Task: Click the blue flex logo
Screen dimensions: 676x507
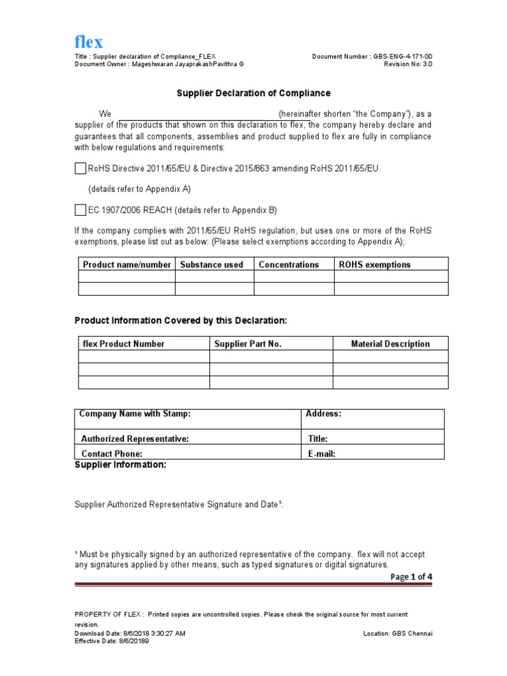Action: pyautogui.click(x=88, y=42)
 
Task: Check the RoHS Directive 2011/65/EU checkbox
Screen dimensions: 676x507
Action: pyautogui.click(x=81, y=168)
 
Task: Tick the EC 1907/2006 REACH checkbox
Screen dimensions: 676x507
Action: pyautogui.click(x=81, y=210)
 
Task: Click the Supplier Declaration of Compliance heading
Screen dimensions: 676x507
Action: pyautogui.click(x=253, y=94)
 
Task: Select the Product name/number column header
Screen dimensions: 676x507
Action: pyautogui.click(x=127, y=265)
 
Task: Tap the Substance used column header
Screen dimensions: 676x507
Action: pyautogui.click(x=211, y=265)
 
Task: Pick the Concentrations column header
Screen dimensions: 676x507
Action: pyautogui.click(x=288, y=265)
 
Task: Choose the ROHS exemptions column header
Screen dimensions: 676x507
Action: pyautogui.click(x=374, y=265)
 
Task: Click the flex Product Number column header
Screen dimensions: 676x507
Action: pyautogui.click(x=123, y=344)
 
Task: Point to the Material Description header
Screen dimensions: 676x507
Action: pyautogui.click(x=390, y=344)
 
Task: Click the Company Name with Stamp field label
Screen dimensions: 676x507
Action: pyautogui.click(x=135, y=414)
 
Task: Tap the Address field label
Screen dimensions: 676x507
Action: pyautogui.click(x=323, y=414)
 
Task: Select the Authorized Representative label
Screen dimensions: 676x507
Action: pyautogui.click(x=135, y=438)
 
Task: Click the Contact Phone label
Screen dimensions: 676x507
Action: pyautogui.click(x=112, y=454)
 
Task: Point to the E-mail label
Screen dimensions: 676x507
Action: pyautogui.click(x=322, y=454)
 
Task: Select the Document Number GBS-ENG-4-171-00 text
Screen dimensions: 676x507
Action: pyautogui.click(x=372, y=57)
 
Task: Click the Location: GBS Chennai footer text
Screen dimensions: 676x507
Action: pyautogui.click(x=398, y=634)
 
